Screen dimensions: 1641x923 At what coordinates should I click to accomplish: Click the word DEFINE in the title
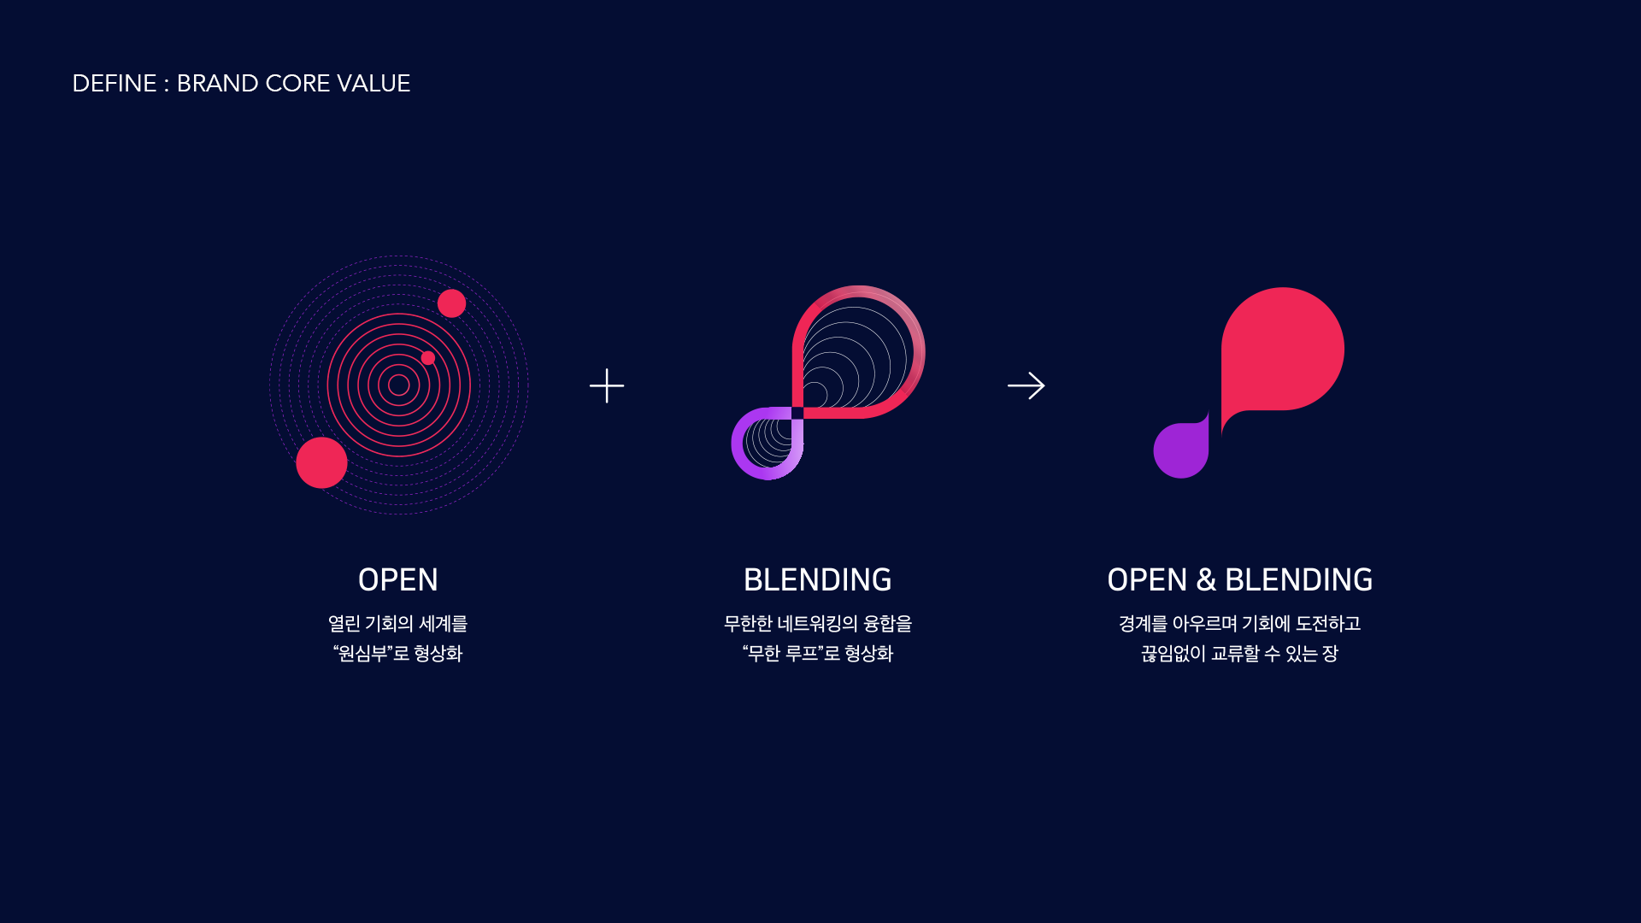pos(115,84)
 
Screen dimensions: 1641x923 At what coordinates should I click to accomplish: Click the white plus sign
pos(607,385)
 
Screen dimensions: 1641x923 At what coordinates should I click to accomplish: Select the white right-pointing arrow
pos(1026,385)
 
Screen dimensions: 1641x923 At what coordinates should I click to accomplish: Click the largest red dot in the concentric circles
pos(321,462)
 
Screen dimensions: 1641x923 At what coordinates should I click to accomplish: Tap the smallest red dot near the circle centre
pos(428,358)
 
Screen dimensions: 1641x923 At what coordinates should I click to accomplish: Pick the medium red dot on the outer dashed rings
pos(451,303)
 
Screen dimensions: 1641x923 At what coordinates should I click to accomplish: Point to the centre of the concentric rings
pos(398,385)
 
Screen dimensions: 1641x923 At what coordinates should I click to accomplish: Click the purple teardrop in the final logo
pos(1181,450)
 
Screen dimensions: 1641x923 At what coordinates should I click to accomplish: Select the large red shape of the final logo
pos(1282,350)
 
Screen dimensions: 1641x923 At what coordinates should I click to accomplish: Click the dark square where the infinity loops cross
pos(797,414)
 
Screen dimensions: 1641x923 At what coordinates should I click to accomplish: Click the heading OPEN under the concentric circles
pos(398,580)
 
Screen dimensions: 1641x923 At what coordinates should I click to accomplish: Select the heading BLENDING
pos(818,580)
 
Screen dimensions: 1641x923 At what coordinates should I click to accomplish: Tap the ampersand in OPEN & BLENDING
pos(1206,580)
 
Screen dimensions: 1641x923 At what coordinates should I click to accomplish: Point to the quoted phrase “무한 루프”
pos(783,654)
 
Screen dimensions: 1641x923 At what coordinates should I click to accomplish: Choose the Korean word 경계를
pos(1143,624)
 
